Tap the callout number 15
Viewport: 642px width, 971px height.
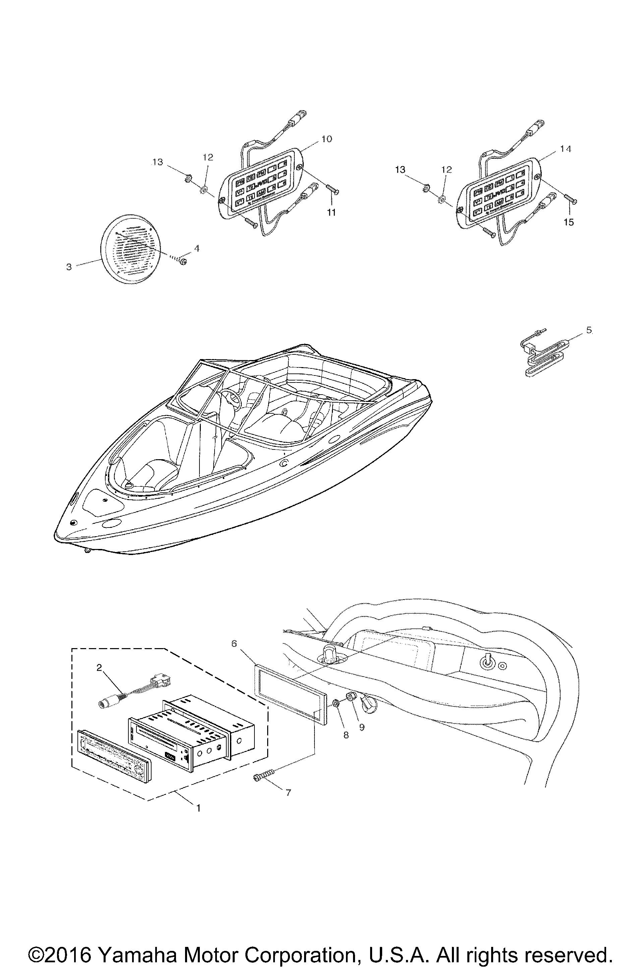point(569,222)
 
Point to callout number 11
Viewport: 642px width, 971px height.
point(331,212)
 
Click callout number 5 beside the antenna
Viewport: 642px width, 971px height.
point(589,330)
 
